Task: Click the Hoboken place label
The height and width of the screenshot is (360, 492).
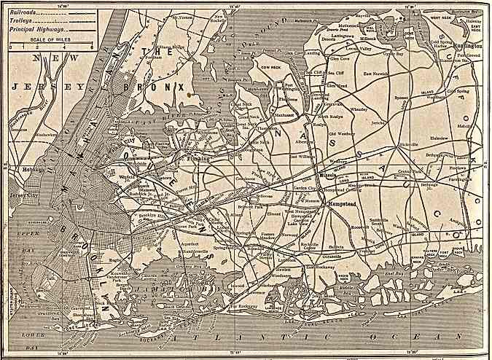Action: pos(23,169)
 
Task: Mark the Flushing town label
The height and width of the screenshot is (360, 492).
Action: pos(198,157)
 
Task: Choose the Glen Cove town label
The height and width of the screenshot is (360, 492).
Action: pos(340,58)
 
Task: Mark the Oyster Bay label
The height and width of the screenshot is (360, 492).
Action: pos(394,53)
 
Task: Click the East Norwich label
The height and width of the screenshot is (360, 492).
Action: pos(378,74)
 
